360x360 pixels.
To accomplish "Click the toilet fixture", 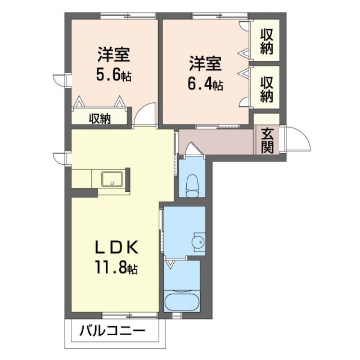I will click(x=192, y=184).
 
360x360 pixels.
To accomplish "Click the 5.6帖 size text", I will click(x=114, y=75).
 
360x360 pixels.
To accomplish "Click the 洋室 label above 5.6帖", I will click(x=114, y=56).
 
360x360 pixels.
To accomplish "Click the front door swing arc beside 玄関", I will click(x=296, y=139).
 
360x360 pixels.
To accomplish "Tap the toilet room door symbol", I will click(x=192, y=149).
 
